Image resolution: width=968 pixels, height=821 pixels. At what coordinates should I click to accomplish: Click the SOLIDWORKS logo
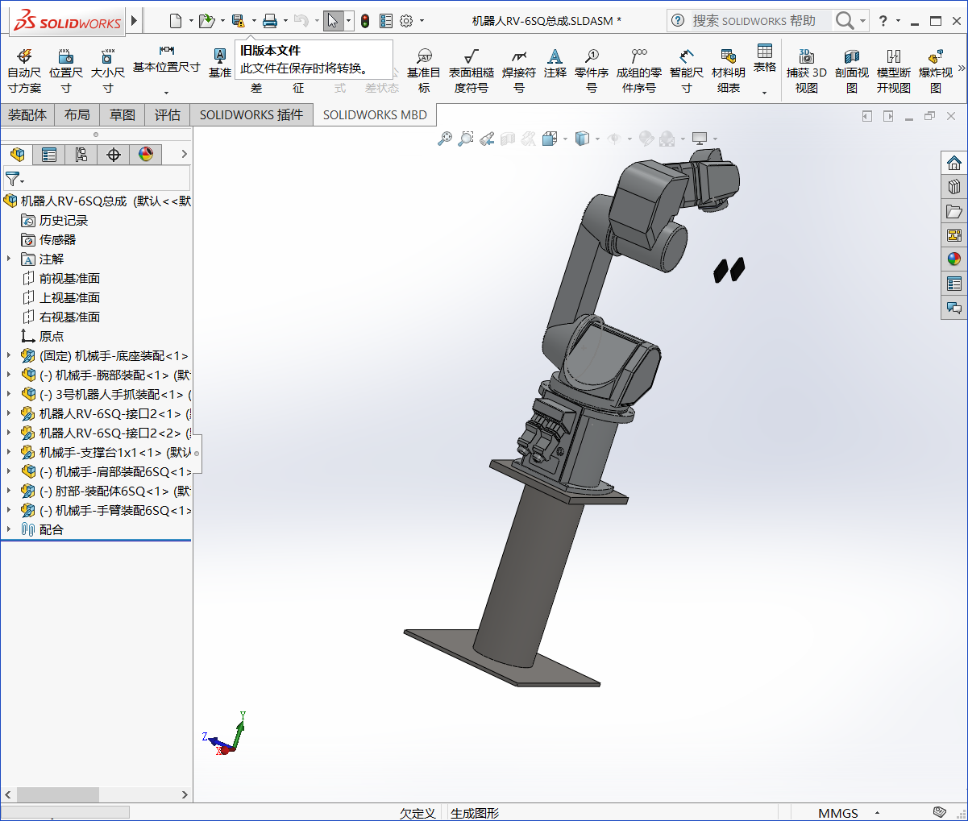coord(68,22)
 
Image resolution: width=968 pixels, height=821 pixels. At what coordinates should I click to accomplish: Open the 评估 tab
coord(168,115)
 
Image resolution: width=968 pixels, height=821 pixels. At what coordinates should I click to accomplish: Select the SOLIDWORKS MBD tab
coord(375,115)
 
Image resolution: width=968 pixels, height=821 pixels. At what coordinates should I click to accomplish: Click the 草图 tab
coord(123,115)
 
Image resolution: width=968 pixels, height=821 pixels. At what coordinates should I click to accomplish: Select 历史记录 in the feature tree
coord(63,220)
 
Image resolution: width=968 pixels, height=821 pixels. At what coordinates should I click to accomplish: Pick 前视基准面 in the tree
coord(69,278)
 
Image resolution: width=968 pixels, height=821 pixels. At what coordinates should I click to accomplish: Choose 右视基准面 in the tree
coord(69,317)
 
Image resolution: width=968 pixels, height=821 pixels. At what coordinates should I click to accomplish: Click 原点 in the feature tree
coord(51,336)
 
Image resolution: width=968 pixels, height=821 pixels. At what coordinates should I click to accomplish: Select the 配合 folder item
coord(51,529)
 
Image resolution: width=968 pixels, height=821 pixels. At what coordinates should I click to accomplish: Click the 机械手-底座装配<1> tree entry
coord(113,355)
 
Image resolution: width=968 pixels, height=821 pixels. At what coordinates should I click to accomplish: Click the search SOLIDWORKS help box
coord(754,21)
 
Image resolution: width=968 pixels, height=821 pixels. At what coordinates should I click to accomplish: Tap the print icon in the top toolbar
coord(270,21)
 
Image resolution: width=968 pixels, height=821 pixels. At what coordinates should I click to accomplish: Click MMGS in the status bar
coord(838,813)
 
